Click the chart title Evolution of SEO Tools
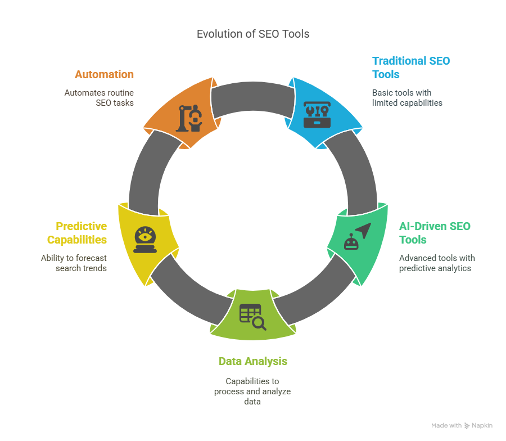[253, 34]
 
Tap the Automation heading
[104, 74]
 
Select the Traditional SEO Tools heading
[411, 67]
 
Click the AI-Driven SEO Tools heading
[435, 233]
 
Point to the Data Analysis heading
[252, 361]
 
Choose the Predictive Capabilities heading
[76, 233]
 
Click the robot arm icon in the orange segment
[188, 117]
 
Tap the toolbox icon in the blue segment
[317, 114]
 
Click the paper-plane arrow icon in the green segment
[364, 229]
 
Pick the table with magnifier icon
[252, 317]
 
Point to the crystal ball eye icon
[145, 240]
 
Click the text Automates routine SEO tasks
[99, 98]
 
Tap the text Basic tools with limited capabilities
[407, 98]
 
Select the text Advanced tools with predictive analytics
[437, 263]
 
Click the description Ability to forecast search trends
[74, 263]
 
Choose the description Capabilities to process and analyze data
[252, 391]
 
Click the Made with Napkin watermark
[462, 426]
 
